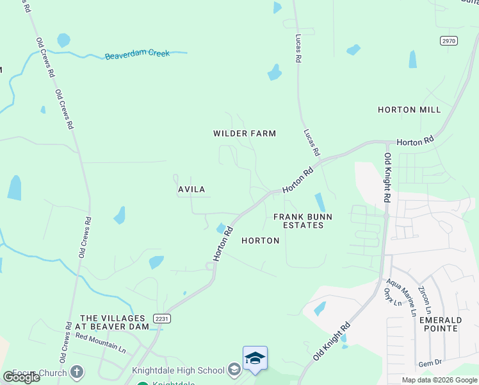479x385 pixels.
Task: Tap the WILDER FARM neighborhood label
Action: click(x=245, y=133)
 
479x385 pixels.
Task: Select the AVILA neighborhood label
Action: click(x=191, y=189)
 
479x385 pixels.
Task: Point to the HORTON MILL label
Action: click(x=409, y=110)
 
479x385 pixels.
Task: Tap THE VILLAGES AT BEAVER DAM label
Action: click(x=114, y=322)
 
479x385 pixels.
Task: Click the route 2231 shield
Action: click(x=161, y=318)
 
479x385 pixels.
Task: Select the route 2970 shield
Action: click(x=449, y=40)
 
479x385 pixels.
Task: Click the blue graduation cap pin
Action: click(x=255, y=358)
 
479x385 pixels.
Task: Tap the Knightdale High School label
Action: click(x=178, y=370)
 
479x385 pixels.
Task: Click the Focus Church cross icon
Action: click(x=76, y=372)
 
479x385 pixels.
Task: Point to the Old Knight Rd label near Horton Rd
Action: click(x=386, y=178)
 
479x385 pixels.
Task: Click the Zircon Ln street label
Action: click(x=426, y=299)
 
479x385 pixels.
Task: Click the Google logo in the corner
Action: click(x=21, y=377)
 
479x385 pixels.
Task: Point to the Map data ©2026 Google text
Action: click(x=440, y=380)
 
